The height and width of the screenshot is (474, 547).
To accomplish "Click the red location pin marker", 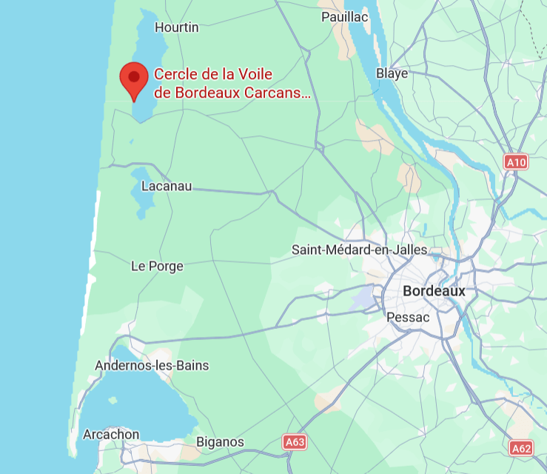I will [x=134, y=78].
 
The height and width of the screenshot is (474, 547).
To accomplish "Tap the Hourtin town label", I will [x=177, y=27].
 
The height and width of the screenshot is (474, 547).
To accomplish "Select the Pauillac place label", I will [x=344, y=16].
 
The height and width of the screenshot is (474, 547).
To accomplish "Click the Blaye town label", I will [x=392, y=73].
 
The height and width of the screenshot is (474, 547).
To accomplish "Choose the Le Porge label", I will [x=157, y=266].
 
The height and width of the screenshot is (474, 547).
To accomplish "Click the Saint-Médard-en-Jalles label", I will [x=360, y=250].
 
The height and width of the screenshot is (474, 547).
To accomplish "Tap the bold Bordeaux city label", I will [x=434, y=291].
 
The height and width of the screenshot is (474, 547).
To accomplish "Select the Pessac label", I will [x=409, y=317].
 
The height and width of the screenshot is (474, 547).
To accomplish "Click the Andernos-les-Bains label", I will [x=152, y=365].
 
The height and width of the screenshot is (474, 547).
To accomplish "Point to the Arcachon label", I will [x=111, y=434].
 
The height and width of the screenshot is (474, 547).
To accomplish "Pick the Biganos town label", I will [x=220, y=442].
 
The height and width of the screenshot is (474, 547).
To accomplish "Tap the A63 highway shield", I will [x=294, y=442].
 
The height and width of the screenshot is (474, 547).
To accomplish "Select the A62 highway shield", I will [x=521, y=447].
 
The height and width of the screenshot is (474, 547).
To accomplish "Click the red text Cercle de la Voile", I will [x=213, y=74].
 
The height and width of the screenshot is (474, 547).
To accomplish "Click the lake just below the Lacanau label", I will [x=141, y=204].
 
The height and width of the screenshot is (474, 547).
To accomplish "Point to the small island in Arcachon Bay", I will [x=113, y=401].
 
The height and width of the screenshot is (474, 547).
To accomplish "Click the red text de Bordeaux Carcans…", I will [x=232, y=93].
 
